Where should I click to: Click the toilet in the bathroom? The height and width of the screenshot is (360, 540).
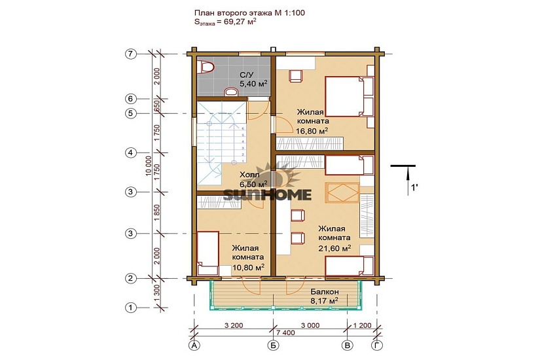(x=207, y=67)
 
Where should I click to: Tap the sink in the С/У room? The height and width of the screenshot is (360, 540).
(x=232, y=91)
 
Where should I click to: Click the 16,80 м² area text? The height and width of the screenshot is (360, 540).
(x=312, y=130)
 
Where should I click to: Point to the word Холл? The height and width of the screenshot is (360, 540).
(x=249, y=175)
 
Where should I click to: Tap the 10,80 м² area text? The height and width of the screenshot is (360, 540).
(x=248, y=267)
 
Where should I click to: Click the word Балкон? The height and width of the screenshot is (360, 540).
(x=324, y=291)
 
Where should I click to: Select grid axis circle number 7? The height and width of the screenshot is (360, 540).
(x=130, y=54)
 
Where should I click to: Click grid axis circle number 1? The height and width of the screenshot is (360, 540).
(x=130, y=307)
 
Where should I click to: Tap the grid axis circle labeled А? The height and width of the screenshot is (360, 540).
(x=194, y=345)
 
